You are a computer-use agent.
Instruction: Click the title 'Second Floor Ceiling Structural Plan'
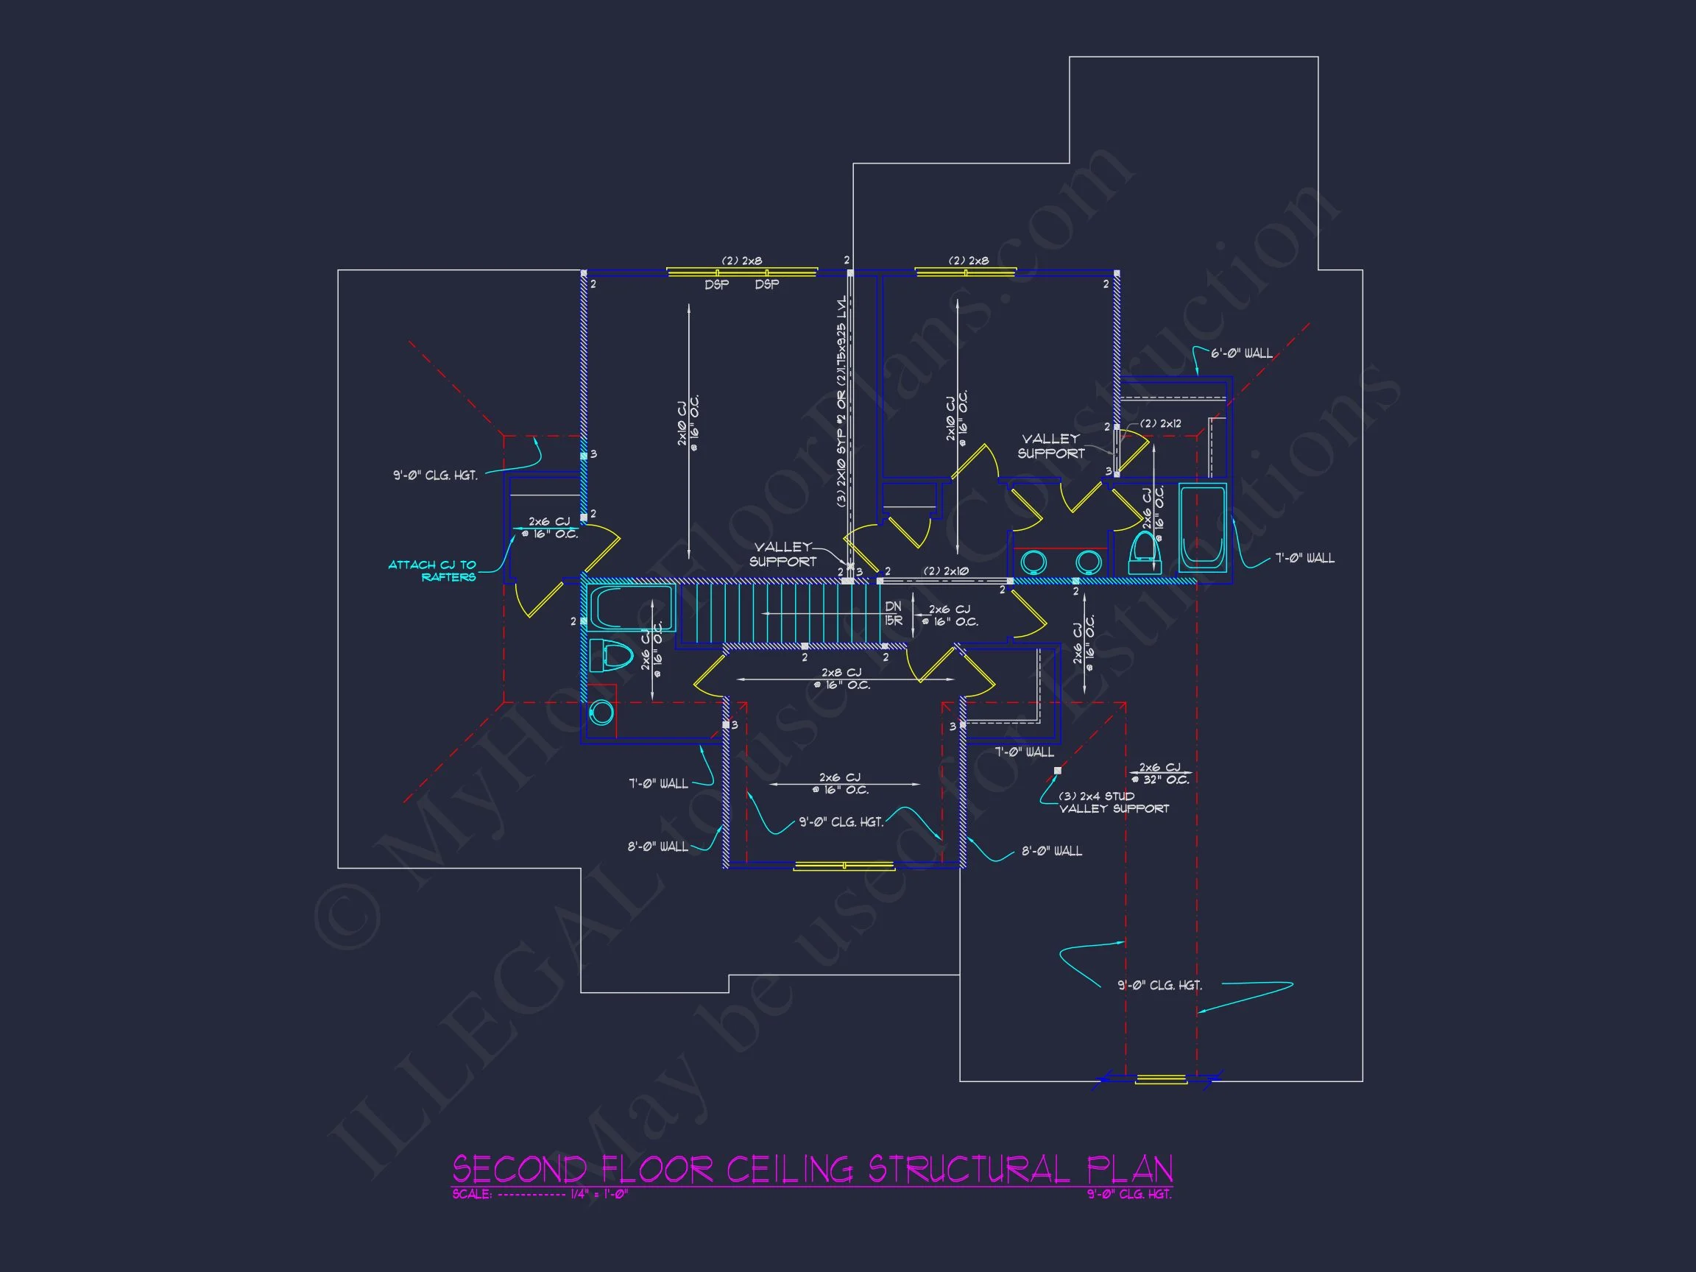(812, 1169)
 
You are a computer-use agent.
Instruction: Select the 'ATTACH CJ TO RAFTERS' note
(433, 570)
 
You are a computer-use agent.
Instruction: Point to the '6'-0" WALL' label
(1241, 353)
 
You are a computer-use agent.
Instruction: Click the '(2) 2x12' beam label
(1160, 423)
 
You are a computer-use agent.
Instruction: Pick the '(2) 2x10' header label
(945, 570)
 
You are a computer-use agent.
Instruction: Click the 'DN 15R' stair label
(893, 613)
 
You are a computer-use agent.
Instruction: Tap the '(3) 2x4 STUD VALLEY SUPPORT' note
(1113, 802)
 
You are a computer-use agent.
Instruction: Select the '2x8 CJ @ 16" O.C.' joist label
(841, 679)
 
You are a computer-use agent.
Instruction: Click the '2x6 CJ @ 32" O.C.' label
(1160, 773)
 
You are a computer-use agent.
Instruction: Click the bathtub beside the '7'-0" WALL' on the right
(1201, 527)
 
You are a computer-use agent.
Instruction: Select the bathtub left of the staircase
(631, 607)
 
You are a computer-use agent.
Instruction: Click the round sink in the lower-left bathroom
(601, 713)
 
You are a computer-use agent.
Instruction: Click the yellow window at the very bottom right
(1160, 1080)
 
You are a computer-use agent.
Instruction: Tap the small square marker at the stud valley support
(1058, 771)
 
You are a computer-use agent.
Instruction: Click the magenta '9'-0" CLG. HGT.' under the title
(1128, 1194)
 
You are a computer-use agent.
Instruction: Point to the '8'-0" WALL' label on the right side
(1051, 851)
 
